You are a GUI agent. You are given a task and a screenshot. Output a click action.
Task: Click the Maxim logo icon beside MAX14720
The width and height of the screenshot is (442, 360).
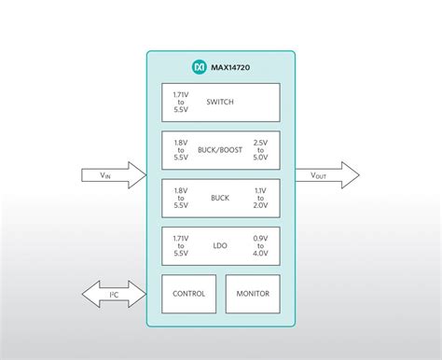(199, 68)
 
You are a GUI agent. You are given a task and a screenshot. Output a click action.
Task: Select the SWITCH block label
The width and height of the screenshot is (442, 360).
(220, 102)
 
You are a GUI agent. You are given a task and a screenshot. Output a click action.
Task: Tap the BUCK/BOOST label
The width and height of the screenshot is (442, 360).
(220, 149)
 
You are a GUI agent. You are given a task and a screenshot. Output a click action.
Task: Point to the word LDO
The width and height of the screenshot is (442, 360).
(220, 245)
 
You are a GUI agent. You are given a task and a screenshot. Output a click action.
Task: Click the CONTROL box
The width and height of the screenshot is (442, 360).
(188, 294)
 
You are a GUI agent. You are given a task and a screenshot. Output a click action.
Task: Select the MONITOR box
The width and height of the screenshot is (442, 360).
(252, 294)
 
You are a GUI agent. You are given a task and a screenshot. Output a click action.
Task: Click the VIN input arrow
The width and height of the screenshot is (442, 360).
(113, 174)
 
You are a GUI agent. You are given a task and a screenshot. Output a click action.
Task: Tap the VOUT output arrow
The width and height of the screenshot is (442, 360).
(326, 174)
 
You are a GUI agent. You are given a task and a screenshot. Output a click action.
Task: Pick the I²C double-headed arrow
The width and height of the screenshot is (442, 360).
(113, 294)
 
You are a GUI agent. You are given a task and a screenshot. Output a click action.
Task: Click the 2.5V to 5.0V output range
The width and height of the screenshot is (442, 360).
(261, 149)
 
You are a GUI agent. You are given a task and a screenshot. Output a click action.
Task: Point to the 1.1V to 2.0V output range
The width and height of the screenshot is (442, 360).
(261, 198)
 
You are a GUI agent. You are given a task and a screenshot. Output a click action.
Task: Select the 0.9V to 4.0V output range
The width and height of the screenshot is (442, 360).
(261, 245)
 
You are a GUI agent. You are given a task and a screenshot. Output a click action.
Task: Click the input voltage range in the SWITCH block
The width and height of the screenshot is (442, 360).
(182, 102)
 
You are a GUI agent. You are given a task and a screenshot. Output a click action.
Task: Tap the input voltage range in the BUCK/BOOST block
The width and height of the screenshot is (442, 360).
(182, 149)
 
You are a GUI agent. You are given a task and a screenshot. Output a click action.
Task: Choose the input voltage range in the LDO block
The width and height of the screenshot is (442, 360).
(182, 245)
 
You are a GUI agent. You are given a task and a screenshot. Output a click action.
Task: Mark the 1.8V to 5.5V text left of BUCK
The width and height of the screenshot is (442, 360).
(182, 198)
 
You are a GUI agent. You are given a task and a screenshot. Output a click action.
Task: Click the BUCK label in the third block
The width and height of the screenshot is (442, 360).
(220, 198)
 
